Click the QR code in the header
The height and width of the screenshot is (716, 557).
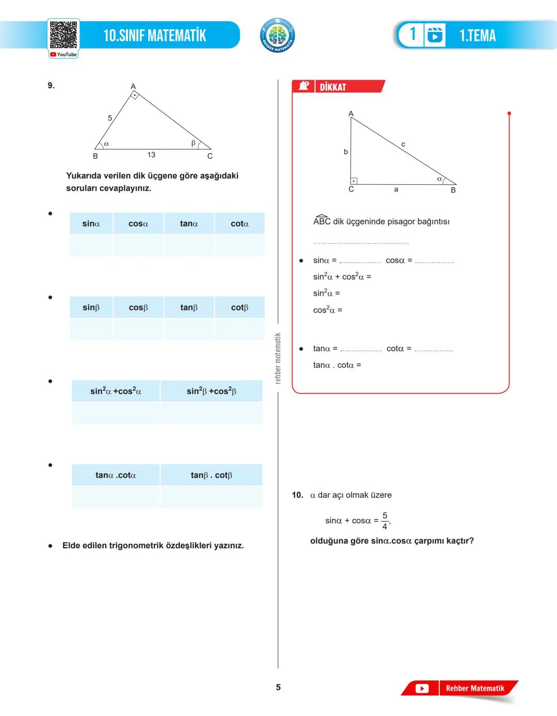[63, 35]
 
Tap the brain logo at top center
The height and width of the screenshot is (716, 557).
[277, 36]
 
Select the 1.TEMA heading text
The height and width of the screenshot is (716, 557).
[477, 36]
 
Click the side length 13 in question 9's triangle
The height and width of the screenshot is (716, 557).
[151, 155]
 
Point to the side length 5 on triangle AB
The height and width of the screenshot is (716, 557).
[110, 118]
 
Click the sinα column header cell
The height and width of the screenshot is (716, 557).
[91, 224]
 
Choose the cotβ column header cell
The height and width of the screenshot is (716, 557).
[239, 307]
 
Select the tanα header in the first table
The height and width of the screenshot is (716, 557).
[189, 224]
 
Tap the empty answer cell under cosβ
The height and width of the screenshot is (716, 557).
[138, 330]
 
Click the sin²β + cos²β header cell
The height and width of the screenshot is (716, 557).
[211, 392]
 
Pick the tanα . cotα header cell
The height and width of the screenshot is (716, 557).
[116, 475]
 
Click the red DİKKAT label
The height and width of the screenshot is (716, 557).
[333, 87]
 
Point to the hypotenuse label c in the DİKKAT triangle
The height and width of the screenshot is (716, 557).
[403, 144]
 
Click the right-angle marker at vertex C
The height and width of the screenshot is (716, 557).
[353, 181]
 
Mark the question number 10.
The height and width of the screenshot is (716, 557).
[297, 495]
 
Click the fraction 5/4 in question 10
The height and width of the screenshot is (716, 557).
[385, 521]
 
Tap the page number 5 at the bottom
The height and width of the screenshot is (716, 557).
[278, 687]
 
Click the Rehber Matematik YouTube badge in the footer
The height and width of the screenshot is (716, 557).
[460, 688]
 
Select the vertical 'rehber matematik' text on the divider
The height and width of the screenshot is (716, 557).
[278, 358]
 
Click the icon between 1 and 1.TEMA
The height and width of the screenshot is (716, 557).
[434, 35]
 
